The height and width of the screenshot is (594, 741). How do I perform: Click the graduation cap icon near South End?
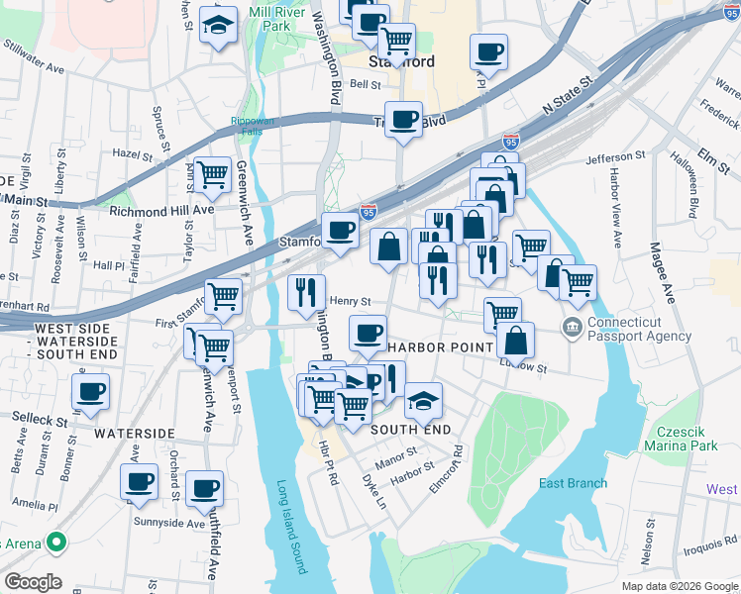pyautogui.click(x=423, y=400)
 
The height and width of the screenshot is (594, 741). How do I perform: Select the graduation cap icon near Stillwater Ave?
pyautogui.click(x=217, y=26)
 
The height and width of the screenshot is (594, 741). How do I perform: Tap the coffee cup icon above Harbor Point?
pyautogui.click(x=369, y=332)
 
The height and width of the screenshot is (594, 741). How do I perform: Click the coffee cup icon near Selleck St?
pyautogui.click(x=91, y=389)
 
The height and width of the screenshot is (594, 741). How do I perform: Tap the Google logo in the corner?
pyautogui.click(x=32, y=582)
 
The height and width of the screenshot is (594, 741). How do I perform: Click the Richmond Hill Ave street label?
pyautogui.click(x=161, y=210)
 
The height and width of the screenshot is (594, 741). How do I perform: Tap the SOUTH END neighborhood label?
pyautogui.click(x=410, y=430)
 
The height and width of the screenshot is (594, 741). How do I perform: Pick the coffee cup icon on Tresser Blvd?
pyautogui.click(x=403, y=119)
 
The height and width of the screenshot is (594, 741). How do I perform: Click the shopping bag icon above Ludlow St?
pyautogui.click(x=515, y=340)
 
